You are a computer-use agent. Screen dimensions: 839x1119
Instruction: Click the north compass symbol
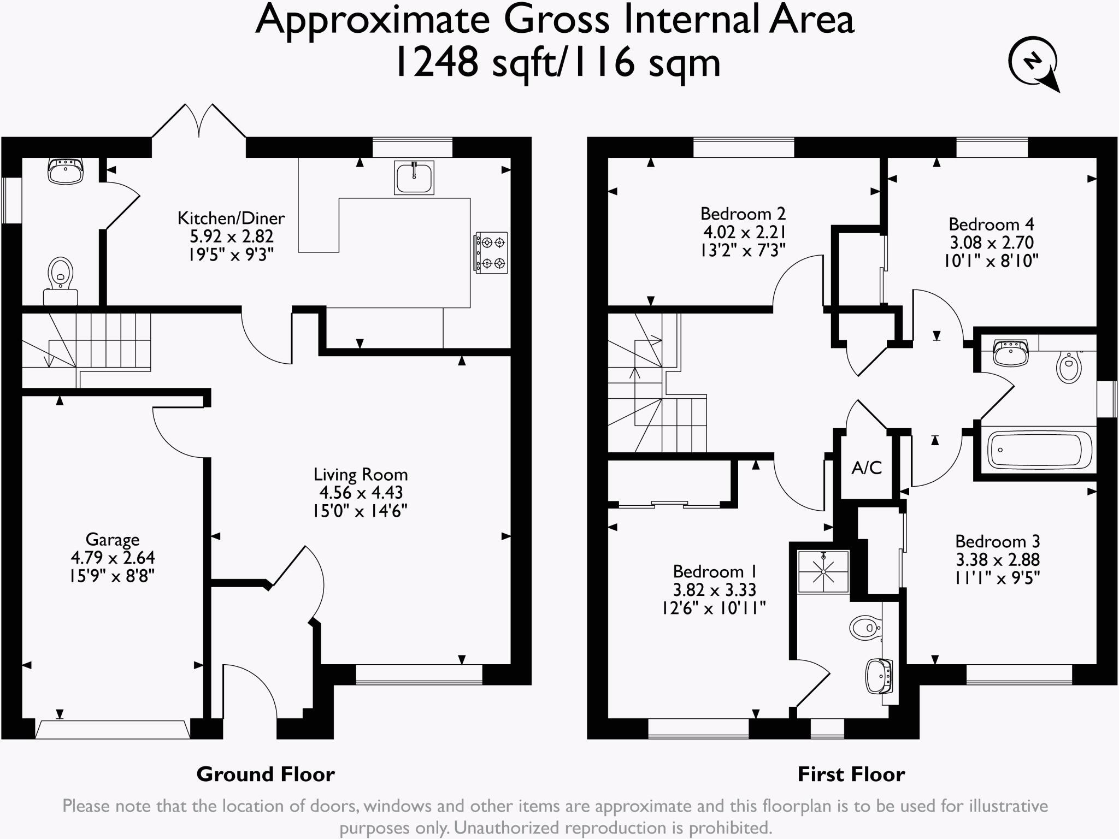(x=1032, y=63)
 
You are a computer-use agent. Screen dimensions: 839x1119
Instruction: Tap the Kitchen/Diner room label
(x=231, y=218)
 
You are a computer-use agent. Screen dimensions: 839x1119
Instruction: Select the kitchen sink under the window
(x=414, y=177)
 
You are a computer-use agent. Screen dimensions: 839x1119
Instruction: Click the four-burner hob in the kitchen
(x=491, y=252)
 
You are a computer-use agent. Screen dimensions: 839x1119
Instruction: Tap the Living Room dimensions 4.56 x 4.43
(x=361, y=493)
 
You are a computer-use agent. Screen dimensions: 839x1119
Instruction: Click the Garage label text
(x=113, y=540)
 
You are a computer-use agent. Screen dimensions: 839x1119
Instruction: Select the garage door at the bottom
(x=113, y=729)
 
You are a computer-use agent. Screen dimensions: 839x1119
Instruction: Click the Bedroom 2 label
(x=743, y=214)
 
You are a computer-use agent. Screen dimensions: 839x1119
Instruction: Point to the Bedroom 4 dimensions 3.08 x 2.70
(x=991, y=243)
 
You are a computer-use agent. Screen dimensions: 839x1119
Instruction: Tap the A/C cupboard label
(x=867, y=468)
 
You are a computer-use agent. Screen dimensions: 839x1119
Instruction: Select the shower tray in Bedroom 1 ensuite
(x=823, y=572)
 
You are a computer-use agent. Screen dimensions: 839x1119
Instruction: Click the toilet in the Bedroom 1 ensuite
(x=865, y=628)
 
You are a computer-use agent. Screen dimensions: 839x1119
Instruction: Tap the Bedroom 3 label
(x=997, y=541)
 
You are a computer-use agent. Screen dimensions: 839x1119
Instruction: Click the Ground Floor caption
(x=266, y=775)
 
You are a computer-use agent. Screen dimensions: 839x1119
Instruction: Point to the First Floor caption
(x=851, y=775)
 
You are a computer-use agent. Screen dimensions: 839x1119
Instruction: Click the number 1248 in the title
(x=436, y=63)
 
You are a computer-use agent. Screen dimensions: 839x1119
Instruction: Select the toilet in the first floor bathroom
(x=1069, y=367)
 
